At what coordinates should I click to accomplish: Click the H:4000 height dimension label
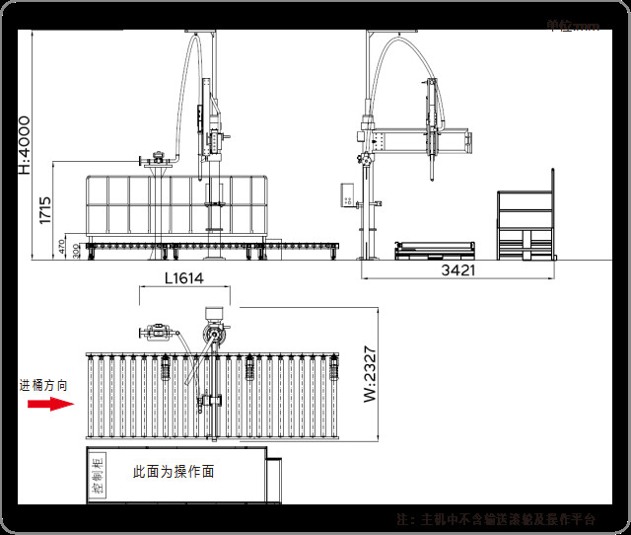[24, 145]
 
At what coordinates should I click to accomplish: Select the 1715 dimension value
[45, 210]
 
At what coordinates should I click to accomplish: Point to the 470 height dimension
[62, 247]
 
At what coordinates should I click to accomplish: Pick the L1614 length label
[183, 279]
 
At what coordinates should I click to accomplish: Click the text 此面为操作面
[174, 472]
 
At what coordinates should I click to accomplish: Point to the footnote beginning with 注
[496, 518]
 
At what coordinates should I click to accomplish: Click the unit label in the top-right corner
[573, 25]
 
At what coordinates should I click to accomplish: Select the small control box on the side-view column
[348, 193]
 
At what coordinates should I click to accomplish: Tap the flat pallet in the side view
[434, 251]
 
